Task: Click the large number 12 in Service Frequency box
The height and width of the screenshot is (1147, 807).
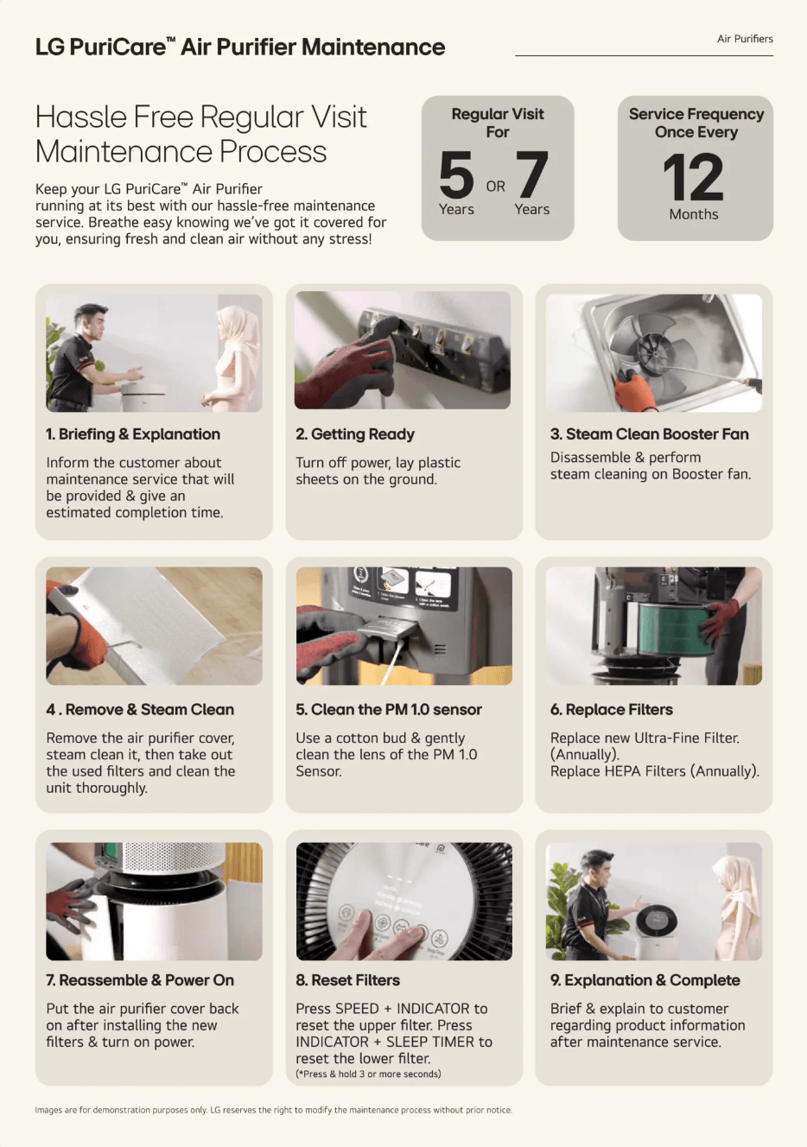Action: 693,177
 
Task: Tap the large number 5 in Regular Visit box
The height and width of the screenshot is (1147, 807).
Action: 456,174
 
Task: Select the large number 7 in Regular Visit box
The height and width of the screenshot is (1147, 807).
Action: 532,174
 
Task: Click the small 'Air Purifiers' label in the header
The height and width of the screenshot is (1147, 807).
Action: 745,39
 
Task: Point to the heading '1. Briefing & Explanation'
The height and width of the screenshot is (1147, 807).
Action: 133,434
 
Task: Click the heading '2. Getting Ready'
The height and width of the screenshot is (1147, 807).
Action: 355,434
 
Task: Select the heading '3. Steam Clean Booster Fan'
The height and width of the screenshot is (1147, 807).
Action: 649,434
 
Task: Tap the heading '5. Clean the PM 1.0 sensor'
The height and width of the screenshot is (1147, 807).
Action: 389,710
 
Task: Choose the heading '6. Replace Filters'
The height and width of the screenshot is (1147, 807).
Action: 611,710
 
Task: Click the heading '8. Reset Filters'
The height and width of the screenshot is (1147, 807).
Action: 347,980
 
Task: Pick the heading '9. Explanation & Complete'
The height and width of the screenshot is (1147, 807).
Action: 645,980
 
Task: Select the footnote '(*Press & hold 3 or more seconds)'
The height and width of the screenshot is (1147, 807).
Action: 368,1074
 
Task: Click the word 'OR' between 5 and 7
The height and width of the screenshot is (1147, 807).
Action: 495,187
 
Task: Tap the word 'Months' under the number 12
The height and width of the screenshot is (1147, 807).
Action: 693,214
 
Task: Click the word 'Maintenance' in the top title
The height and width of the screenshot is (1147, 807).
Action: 373,48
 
